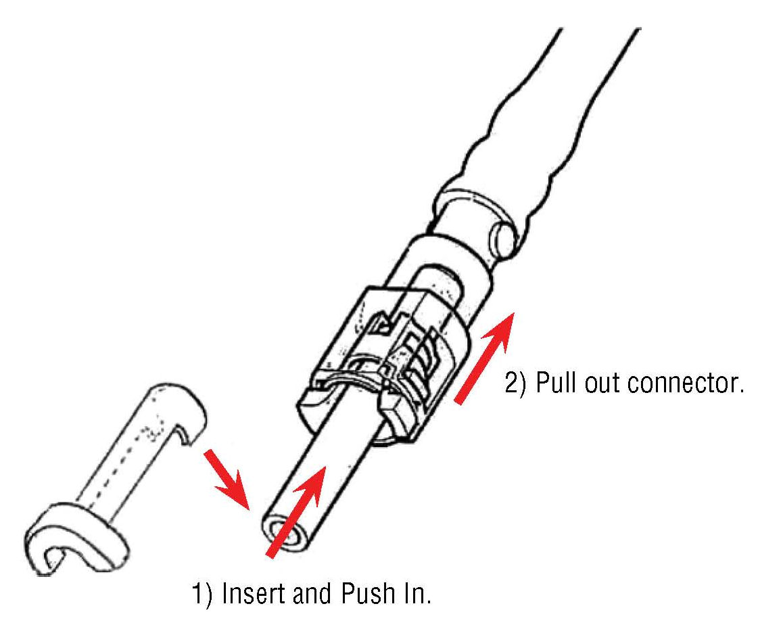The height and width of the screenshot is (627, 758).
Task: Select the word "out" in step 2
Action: (x=605, y=384)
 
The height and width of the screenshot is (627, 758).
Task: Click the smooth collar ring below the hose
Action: (x=467, y=216)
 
